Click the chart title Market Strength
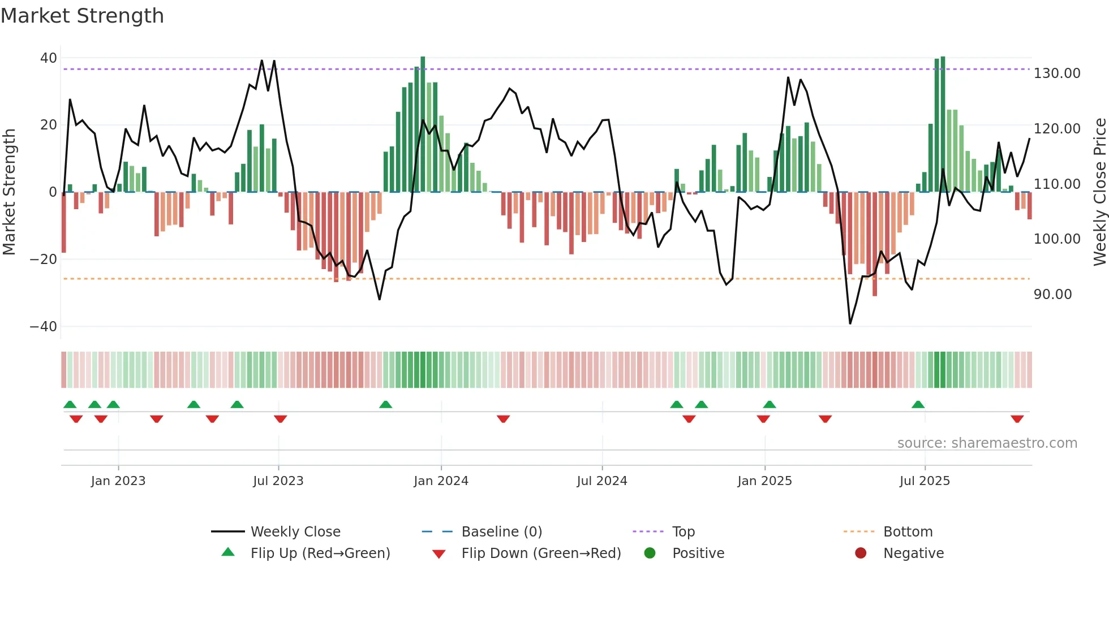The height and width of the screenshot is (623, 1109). (x=82, y=16)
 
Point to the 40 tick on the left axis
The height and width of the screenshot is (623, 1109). (x=49, y=58)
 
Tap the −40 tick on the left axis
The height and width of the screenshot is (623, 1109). (x=44, y=327)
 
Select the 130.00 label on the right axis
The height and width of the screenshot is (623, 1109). (x=1056, y=73)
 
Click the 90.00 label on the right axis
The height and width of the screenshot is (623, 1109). (x=1052, y=295)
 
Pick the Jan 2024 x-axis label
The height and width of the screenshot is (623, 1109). (x=441, y=481)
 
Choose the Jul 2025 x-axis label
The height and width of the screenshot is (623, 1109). (x=925, y=481)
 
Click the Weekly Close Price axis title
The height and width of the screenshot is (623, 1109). (x=1099, y=192)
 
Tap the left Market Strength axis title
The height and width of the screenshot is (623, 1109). (x=10, y=192)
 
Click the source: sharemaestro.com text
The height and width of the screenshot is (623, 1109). (x=987, y=443)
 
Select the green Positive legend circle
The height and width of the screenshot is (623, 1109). (x=650, y=553)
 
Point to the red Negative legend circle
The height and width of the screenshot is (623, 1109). (x=861, y=553)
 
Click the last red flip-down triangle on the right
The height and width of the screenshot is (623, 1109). (x=1017, y=419)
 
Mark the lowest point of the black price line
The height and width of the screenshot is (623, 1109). (x=850, y=323)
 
